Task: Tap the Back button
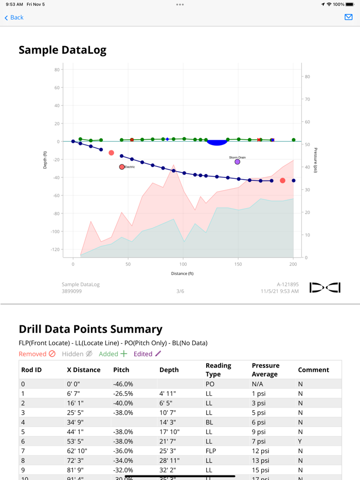point(14,17)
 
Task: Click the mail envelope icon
point(349,17)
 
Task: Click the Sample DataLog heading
point(62,50)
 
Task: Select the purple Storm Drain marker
point(237,161)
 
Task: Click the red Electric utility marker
point(122,167)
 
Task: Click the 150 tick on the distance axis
point(238,264)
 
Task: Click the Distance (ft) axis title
point(183,273)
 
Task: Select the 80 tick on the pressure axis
point(307,77)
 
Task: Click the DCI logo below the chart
point(325,288)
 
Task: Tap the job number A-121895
point(287,284)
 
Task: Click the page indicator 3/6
point(180,291)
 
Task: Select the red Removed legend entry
point(37,354)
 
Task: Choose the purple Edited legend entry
point(147,354)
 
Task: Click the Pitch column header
point(121,370)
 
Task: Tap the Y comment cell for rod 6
point(300,441)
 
